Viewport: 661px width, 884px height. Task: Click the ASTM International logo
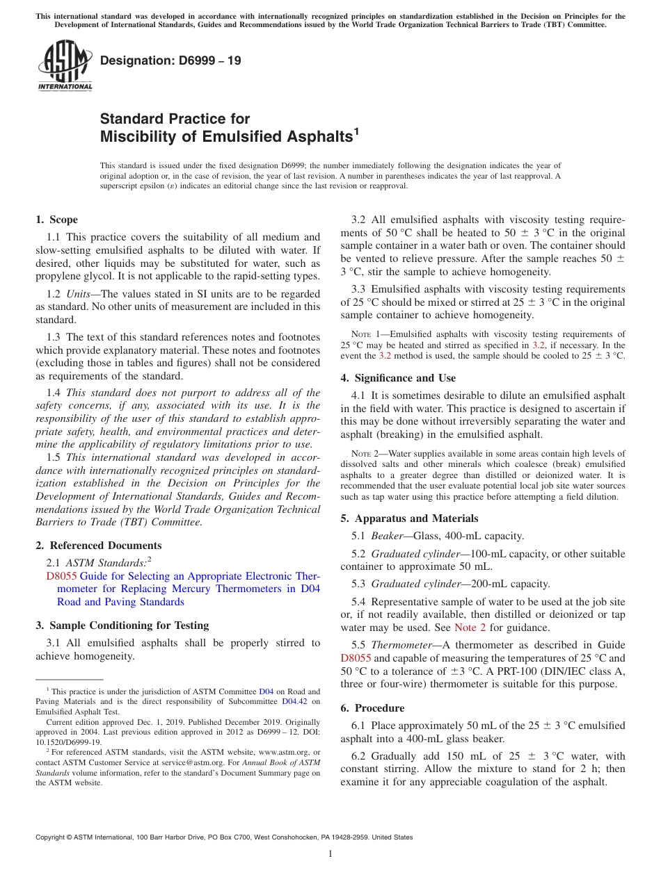tap(65, 66)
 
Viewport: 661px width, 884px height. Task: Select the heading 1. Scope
tap(56, 220)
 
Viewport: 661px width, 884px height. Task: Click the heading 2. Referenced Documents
tap(98, 546)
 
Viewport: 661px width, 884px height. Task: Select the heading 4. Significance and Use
tap(398, 378)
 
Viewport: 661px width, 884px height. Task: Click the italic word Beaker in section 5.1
tap(387, 536)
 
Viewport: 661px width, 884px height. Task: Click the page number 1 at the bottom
tap(330, 853)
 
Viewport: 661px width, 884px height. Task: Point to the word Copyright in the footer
tap(51, 837)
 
